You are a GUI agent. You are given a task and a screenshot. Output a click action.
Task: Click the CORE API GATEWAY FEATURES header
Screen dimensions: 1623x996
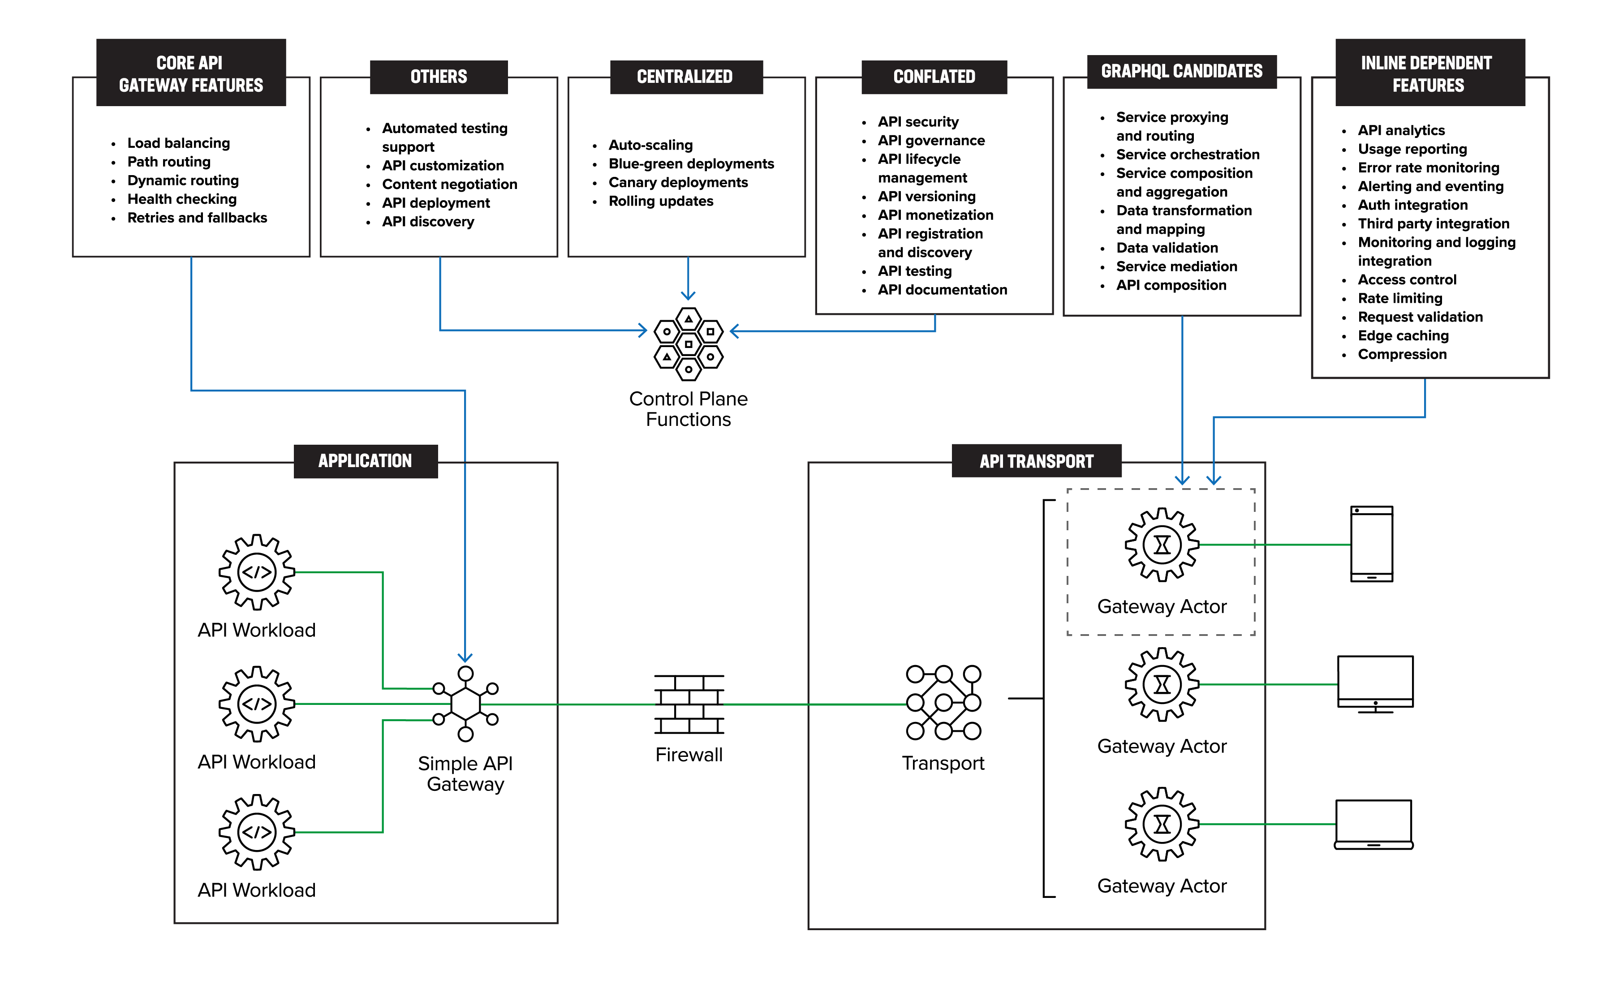191,73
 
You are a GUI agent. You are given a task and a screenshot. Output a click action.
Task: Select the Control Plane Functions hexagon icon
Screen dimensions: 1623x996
688,344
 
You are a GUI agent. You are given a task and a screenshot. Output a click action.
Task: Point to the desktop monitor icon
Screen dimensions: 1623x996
1375,684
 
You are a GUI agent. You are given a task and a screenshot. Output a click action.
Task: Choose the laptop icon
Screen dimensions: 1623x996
1373,825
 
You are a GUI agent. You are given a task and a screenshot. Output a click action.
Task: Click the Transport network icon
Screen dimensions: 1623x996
943,702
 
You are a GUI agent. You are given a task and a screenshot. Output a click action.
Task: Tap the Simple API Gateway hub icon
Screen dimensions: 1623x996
465,704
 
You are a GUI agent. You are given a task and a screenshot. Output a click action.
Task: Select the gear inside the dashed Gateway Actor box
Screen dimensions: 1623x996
1162,545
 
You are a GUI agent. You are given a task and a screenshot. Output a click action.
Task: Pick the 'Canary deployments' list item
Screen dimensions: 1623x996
678,182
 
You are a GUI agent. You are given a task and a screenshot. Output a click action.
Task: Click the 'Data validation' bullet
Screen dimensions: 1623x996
1167,248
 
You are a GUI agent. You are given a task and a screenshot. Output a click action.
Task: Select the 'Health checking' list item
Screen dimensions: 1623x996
182,199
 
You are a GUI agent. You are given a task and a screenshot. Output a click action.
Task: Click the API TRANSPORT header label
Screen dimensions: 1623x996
1037,461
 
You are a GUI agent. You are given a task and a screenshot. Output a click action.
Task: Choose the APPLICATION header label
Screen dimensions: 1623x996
365,461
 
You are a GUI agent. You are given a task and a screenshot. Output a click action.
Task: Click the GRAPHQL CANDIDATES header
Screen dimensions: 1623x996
1181,71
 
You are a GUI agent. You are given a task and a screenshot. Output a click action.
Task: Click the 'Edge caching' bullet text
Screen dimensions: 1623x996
1403,336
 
